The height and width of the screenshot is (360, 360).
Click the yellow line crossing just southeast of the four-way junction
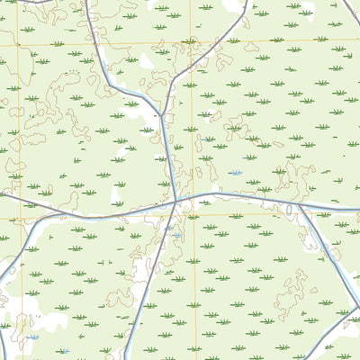pyautogui.click(x=192, y=215)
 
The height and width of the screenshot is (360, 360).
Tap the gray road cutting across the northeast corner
pyautogui.click(x=351, y=13)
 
